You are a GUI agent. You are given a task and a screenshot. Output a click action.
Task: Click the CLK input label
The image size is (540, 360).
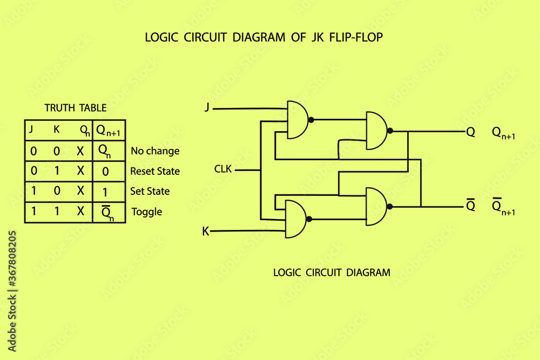click(x=223, y=169)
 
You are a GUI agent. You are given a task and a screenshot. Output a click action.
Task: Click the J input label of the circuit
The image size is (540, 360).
click(x=207, y=107)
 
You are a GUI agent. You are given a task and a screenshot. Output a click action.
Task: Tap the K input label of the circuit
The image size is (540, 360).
click(x=206, y=232)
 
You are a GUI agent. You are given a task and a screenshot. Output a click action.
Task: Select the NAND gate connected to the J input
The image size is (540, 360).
click(x=298, y=120)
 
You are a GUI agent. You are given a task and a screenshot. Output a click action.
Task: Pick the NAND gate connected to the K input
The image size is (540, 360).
click(x=296, y=219)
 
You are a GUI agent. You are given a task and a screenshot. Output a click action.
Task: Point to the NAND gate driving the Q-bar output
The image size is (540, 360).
click(x=376, y=207)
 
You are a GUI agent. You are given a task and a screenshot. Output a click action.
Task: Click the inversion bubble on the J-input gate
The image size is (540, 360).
click(x=312, y=120)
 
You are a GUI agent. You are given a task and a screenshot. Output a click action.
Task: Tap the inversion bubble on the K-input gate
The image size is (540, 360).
click(x=309, y=219)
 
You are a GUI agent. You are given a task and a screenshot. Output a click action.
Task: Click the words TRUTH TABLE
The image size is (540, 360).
click(x=76, y=108)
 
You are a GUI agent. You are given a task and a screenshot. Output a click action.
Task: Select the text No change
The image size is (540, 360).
click(x=155, y=151)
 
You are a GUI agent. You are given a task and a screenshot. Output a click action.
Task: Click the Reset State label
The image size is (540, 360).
click(x=155, y=171)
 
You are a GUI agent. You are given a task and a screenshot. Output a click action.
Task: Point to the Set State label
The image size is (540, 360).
click(x=150, y=191)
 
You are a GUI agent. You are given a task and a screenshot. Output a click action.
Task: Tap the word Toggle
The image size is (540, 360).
click(x=147, y=212)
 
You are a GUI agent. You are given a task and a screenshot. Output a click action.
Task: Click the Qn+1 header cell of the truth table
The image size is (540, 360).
click(x=109, y=131)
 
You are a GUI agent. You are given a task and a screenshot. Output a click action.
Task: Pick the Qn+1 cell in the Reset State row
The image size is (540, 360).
click(x=109, y=171)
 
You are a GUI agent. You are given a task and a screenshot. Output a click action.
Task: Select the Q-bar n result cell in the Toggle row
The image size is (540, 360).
click(x=109, y=212)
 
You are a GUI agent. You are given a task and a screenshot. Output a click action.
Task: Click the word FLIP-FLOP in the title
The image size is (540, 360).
click(x=356, y=37)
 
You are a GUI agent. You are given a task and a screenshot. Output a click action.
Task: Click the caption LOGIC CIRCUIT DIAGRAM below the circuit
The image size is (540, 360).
click(x=332, y=273)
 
